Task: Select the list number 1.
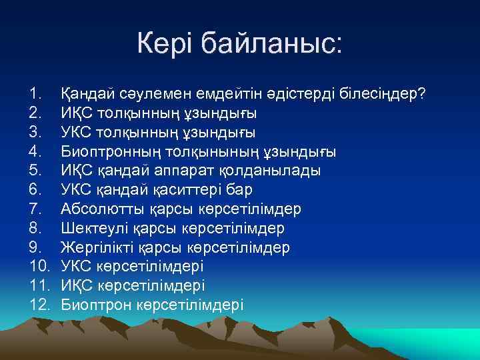click(35, 93)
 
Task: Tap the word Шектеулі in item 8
click(90, 229)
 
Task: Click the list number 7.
click(35, 209)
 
